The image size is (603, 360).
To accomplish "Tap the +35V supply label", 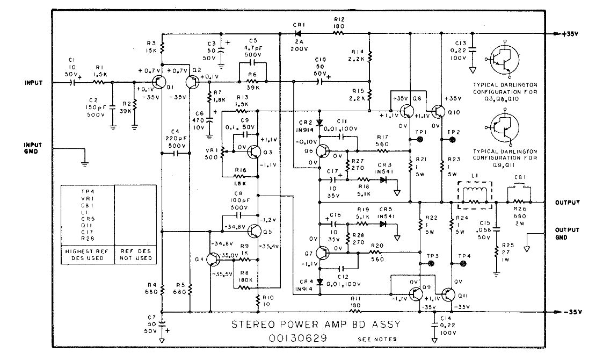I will pos(569,33).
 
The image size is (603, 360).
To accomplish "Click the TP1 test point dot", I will pos(420,139).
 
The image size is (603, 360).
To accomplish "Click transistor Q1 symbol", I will pos(159,82).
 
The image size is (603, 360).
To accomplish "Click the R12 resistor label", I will pos(339,20).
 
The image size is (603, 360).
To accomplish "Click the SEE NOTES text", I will pos(376,340).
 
